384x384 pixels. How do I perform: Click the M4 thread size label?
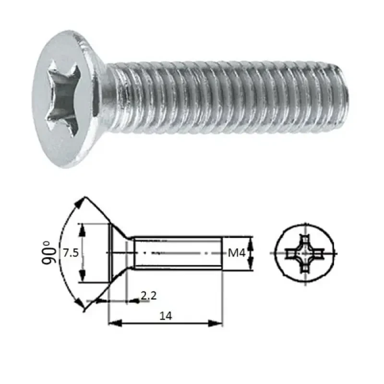pyautogui.click(x=235, y=253)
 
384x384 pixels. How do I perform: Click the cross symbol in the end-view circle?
pyautogui.click(x=304, y=253)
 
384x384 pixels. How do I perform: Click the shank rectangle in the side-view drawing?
pyautogui.click(x=178, y=252)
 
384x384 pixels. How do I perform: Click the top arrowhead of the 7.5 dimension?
pyautogui.click(x=83, y=228)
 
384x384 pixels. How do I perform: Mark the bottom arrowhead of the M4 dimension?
pyautogui.click(x=251, y=267)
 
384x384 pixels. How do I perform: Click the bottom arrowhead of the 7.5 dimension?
pyautogui.click(x=83, y=278)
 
